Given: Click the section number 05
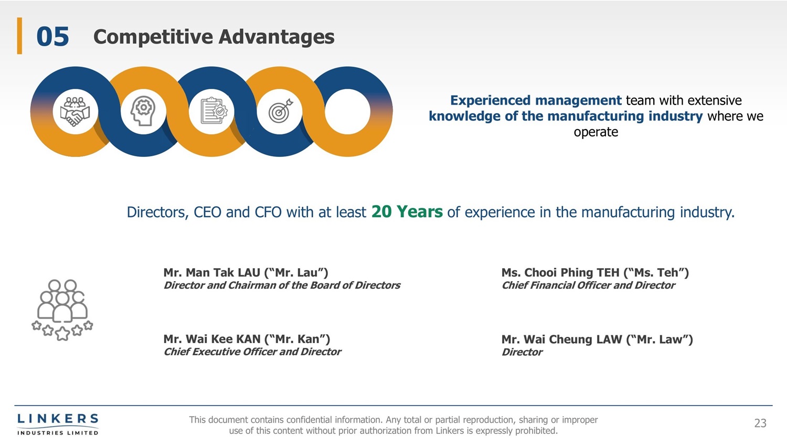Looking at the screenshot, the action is point(52,37).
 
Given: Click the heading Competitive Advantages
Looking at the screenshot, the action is point(214,37).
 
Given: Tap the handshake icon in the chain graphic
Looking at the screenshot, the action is point(75,111).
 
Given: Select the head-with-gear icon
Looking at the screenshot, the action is point(143,111).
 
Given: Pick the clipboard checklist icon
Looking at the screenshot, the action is point(214,111).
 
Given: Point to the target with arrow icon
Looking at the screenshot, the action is point(280,111).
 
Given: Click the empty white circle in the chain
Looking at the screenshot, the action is point(347,111).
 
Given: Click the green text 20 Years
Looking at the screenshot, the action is point(407,212).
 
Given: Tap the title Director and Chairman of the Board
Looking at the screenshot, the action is point(282,285).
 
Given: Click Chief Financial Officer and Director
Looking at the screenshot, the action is point(588,285).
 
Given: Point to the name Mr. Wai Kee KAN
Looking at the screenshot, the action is point(212,339).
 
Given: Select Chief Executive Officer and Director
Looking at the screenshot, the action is point(252,352).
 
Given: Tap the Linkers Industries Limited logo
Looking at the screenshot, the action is point(58,424).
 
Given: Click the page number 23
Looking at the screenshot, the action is point(760,423).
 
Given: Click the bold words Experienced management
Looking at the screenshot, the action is point(536,101).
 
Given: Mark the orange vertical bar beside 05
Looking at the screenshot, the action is point(20,36).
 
